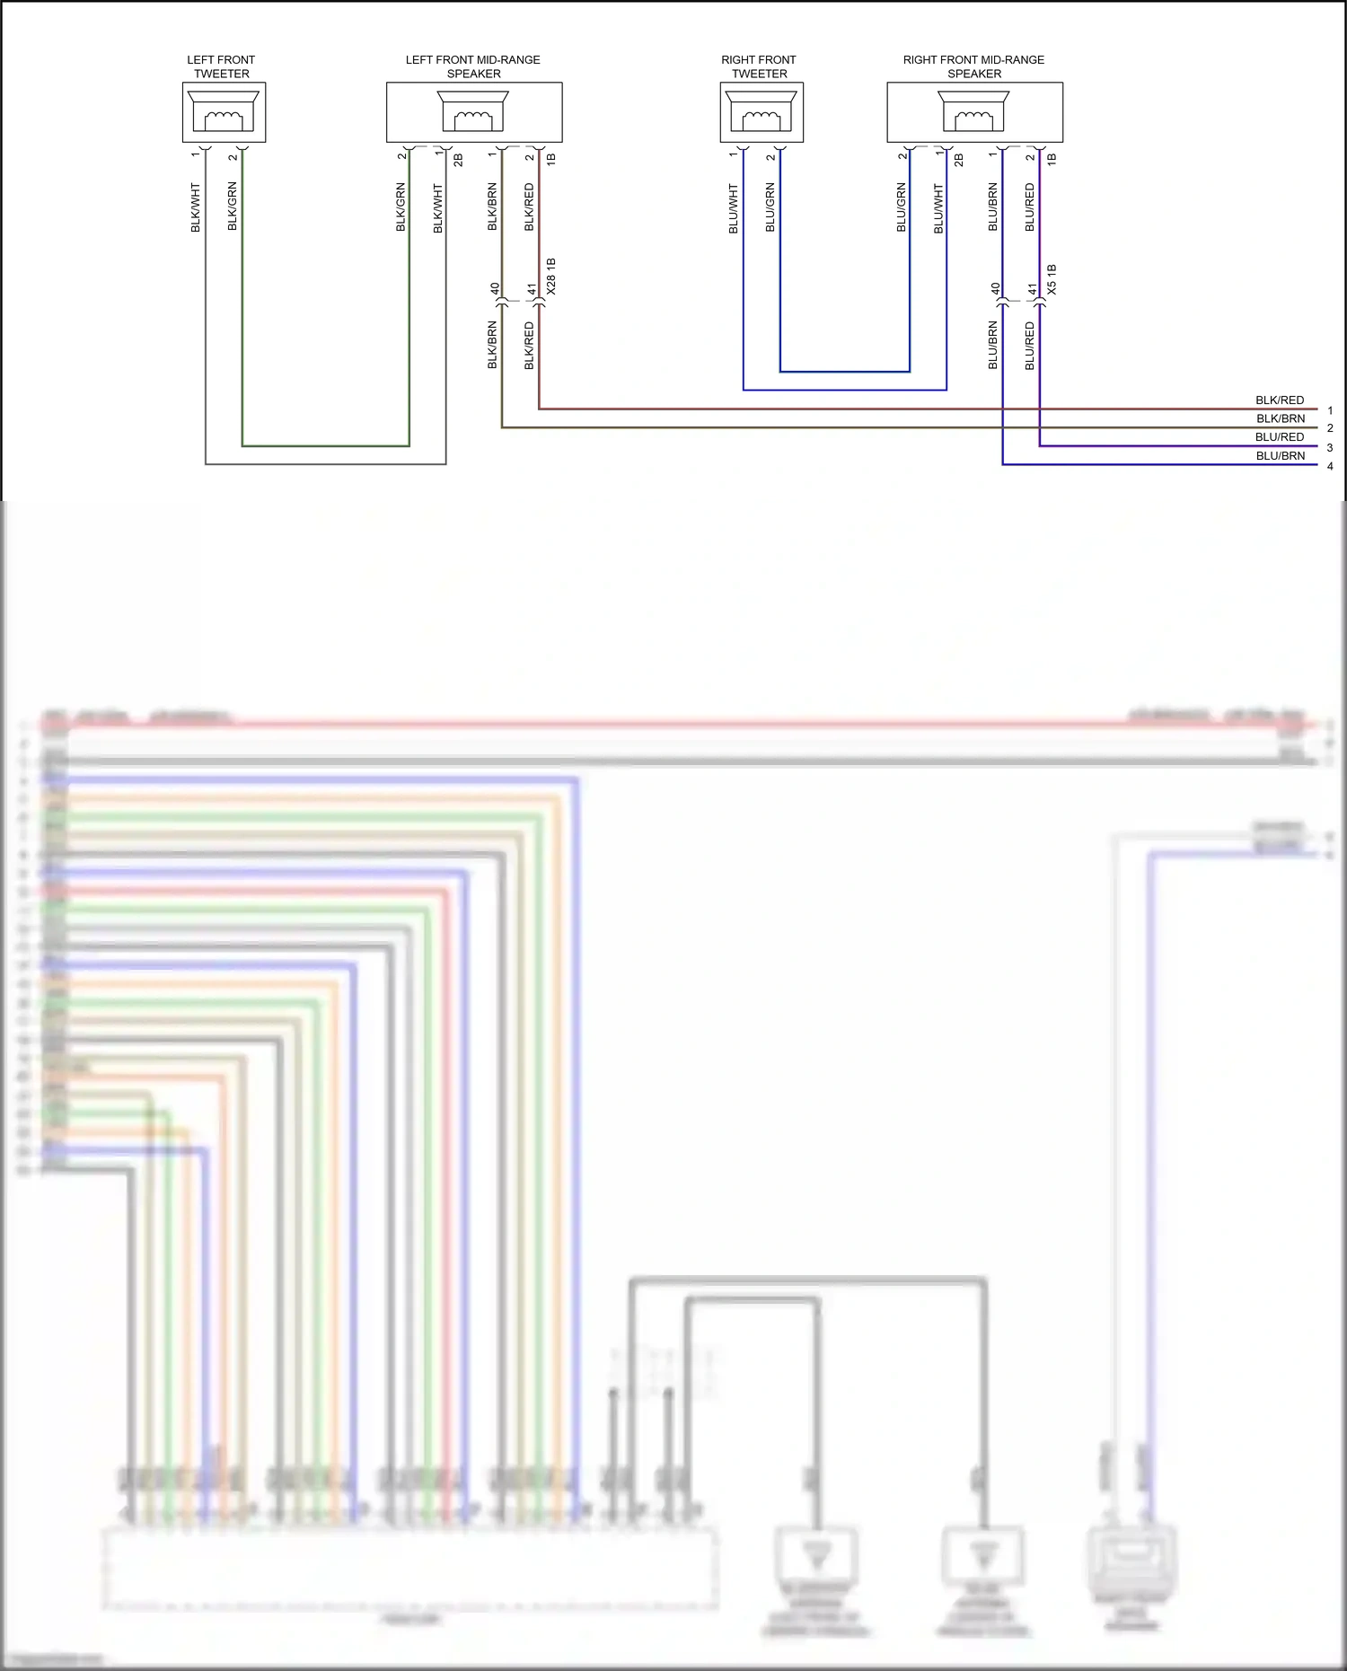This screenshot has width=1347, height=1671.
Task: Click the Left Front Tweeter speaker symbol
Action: (x=224, y=112)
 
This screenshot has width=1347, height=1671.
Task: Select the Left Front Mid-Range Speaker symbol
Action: (x=473, y=112)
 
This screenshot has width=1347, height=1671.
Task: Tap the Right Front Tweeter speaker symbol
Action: (x=761, y=112)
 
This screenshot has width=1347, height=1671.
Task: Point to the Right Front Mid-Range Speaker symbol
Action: (x=974, y=112)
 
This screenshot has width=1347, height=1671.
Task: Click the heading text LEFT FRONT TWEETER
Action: (x=221, y=66)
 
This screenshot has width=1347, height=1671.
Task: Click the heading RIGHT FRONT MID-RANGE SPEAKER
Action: (x=973, y=66)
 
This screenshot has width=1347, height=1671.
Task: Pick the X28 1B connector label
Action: (x=551, y=277)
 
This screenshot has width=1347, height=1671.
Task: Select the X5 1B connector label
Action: (x=1052, y=279)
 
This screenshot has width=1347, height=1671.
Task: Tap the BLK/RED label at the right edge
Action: (x=1280, y=400)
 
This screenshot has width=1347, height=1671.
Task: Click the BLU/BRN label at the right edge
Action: (x=1281, y=456)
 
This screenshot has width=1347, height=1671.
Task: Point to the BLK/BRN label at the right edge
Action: (x=1281, y=418)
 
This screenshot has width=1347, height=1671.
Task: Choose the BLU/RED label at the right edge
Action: (x=1280, y=437)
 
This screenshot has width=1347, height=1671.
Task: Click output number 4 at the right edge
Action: (x=1330, y=466)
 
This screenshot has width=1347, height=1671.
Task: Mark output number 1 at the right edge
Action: (x=1330, y=410)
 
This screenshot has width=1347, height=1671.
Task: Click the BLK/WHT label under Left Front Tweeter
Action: (x=196, y=207)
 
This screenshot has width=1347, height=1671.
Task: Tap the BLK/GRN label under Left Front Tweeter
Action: (x=233, y=206)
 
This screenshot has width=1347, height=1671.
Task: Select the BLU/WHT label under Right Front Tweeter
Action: (x=733, y=209)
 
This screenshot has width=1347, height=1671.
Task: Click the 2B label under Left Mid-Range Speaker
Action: (x=458, y=160)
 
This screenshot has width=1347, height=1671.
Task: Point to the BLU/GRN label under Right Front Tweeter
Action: (x=770, y=207)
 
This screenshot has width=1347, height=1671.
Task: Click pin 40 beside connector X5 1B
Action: (x=995, y=289)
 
